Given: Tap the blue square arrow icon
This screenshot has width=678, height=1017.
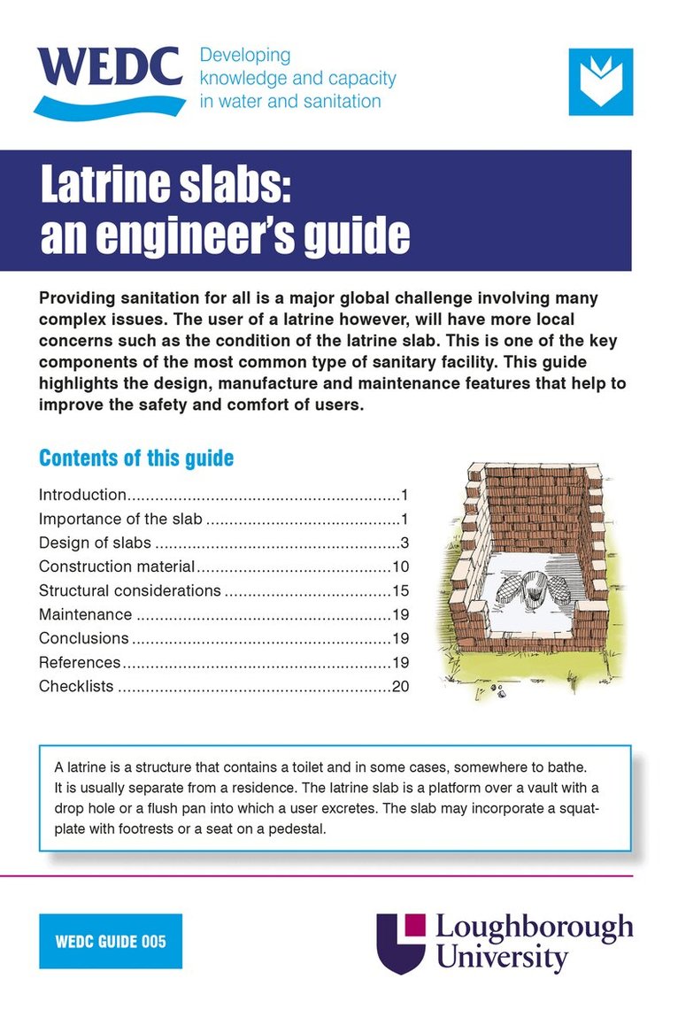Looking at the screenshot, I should [600, 81].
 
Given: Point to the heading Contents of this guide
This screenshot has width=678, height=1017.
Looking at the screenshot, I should [136, 458].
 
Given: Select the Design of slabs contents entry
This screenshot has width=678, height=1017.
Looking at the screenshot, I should [95, 543].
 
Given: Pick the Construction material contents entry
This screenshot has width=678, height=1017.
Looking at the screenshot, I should [117, 566].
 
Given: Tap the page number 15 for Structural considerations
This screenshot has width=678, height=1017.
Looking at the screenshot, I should [399, 590].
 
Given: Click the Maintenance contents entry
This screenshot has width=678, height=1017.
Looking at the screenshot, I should [85, 614].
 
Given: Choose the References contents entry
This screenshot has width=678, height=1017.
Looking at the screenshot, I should [80, 662].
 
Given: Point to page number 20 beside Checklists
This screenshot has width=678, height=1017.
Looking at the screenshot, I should [399, 686].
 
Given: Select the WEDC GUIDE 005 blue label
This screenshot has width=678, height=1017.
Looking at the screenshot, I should [111, 941].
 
